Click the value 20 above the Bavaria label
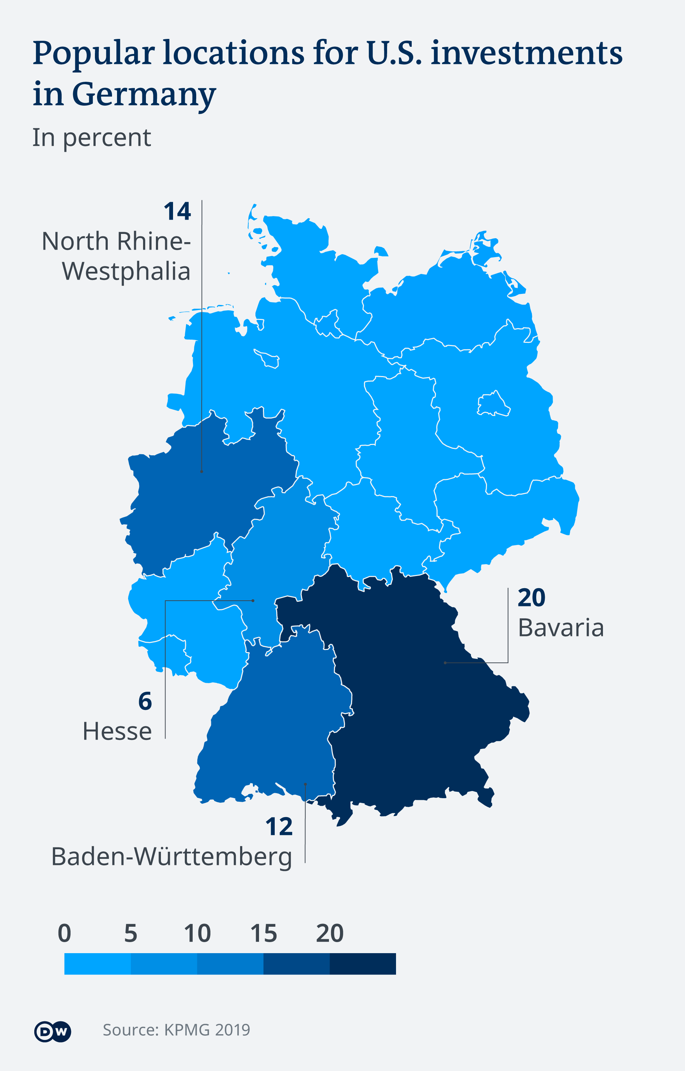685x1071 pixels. [531, 598]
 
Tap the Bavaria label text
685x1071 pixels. [561, 628]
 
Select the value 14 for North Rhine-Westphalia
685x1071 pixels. [177, 211]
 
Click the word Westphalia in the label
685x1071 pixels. [126, 271]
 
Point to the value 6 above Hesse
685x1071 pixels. [145, 701]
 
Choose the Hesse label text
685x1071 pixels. [117, 731]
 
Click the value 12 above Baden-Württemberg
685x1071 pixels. [279, 827]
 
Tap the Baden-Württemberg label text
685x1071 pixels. [172, 857]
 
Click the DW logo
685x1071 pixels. [52, 1031]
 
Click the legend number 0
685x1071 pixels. [65, 934]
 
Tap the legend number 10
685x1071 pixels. [197, 934]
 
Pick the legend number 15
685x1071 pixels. [263, 934]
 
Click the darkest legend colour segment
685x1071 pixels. [362, 964]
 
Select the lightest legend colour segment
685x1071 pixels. [97, 964]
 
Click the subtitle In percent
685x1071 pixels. [92, 137]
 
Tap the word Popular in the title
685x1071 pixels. [93, 54]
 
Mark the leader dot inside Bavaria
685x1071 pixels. [445, 663]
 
